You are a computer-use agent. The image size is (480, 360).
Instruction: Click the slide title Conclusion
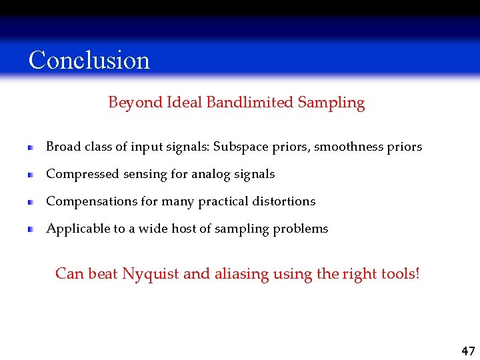pyautogui.click(x=89, y=60)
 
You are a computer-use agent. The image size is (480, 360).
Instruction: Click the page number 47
pyautogui.click(x=468, y=351)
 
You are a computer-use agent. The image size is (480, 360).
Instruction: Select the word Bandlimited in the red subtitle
pyautogui.click(x=250, y=103)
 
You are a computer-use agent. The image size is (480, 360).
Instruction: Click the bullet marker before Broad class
pyautogui.click(x=31, y=147)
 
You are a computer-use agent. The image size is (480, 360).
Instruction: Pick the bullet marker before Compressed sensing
pyautogui.click(x=31, y=175)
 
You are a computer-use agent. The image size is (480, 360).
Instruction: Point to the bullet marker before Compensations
pyautogui.click(x=31, y=202)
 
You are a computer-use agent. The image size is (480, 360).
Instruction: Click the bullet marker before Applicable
pyautogui.click(x=31, y=229)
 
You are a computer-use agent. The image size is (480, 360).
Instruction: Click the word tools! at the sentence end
pyautogui.click(x=400, y=274)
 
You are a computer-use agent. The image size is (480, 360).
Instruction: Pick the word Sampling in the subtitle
pyautogui.click(x=331, y=103)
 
